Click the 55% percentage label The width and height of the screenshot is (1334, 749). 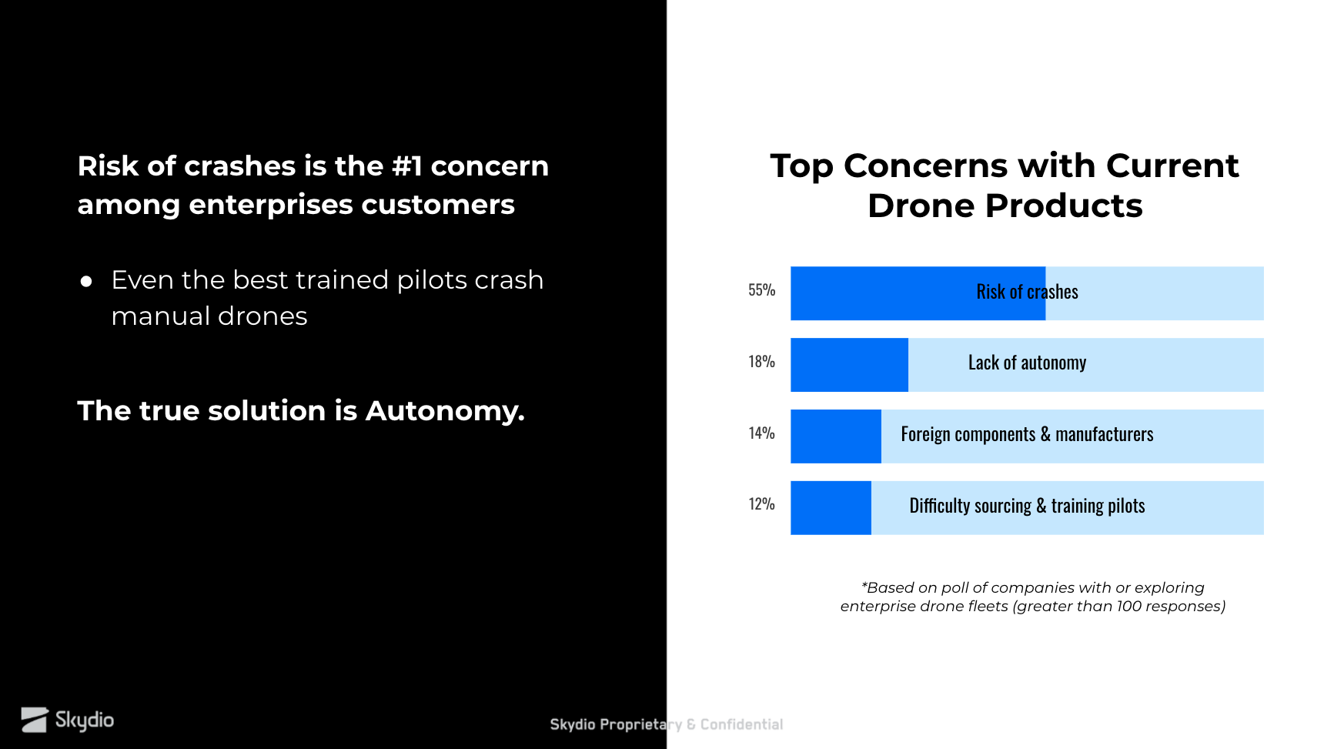[761, 290]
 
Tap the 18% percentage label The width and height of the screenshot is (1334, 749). [761, 362]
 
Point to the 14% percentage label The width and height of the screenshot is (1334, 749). [761, 433]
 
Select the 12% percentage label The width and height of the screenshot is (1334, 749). [761, 504]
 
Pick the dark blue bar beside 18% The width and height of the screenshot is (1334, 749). [849, 365]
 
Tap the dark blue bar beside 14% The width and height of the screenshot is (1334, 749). [835, 436]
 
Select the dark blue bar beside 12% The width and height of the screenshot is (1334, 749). [831, 508]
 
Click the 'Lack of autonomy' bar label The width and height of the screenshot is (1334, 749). [1027, 363]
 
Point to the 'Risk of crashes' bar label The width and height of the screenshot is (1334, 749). [1027, 292]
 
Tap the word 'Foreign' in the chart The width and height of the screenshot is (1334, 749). [925, 435]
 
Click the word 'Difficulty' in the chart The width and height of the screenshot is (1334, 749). [939, 506]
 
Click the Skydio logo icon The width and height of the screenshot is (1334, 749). [35, 720]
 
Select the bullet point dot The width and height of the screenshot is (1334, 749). [86, 282]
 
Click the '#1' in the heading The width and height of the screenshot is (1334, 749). [407, 166]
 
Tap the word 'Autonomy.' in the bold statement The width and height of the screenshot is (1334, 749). [445, 411]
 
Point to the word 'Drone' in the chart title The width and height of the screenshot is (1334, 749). [921, 206]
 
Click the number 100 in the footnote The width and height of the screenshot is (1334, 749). [1128, 607]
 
